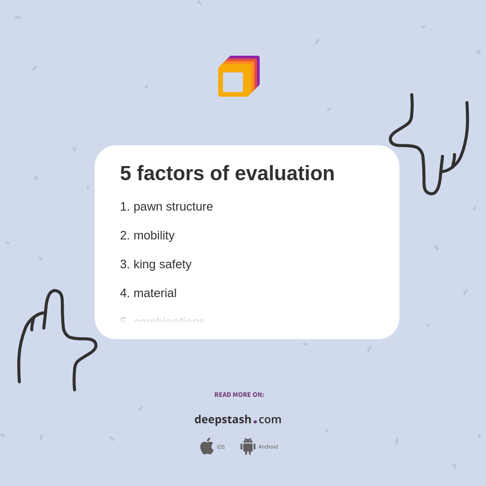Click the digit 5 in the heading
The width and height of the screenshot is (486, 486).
[126, 174]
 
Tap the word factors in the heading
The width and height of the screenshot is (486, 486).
[171, 174]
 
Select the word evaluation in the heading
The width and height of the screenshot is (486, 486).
[285, 174]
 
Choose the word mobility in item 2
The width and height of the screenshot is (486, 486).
[154, 235]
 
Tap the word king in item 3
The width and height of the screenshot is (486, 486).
[144, 264]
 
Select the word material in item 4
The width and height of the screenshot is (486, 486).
[155, 293]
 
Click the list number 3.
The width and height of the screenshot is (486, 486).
[124, 264]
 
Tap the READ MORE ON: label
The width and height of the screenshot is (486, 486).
[239, 395]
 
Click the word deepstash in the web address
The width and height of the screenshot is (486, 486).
[223, 420]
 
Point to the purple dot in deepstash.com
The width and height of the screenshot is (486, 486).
[255, 422]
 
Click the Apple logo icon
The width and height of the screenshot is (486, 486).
[207, 446]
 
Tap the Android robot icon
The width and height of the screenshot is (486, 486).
[248, 446]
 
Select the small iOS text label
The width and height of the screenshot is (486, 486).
[221, 447]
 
